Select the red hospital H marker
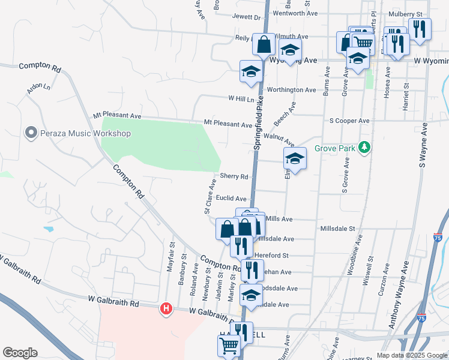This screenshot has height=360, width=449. pos(166,309)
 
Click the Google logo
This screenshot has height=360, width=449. pos(19,353)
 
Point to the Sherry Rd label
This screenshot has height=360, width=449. pos(234,176)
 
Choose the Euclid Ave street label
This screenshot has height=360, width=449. pos(232,199)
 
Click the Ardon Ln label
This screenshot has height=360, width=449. pos(38,87)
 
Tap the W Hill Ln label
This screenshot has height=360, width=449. pos(241,98)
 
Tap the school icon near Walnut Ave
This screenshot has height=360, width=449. pos(295,158)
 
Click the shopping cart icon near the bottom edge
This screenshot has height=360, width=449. pos(229,345)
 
